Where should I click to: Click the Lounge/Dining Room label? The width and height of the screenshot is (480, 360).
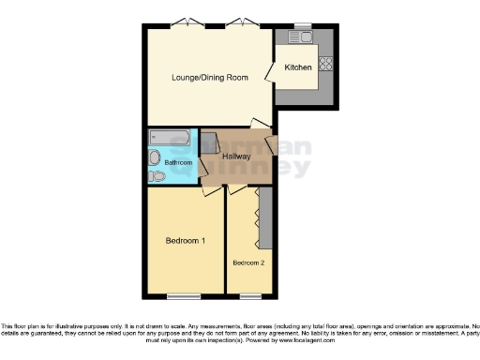click(209, 77)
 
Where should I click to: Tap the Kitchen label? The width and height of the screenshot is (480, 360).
click(298, 67)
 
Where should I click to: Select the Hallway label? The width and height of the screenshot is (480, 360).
click(236, 156)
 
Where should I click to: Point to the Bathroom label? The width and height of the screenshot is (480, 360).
click(178, 163)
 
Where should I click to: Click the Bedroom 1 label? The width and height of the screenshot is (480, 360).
click(185, 241)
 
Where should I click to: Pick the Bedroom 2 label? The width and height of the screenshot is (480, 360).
click(248, 262)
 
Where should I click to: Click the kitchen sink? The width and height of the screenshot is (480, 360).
click(302, 37)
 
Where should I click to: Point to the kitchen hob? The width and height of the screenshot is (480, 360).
click(327, 65)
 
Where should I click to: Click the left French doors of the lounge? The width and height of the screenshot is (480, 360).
click(192, 22)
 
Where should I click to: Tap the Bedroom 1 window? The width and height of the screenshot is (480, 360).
click(185, 296)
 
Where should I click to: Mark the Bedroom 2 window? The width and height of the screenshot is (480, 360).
click(249, 296)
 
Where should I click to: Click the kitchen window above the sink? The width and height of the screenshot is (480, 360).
click(302, 24)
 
